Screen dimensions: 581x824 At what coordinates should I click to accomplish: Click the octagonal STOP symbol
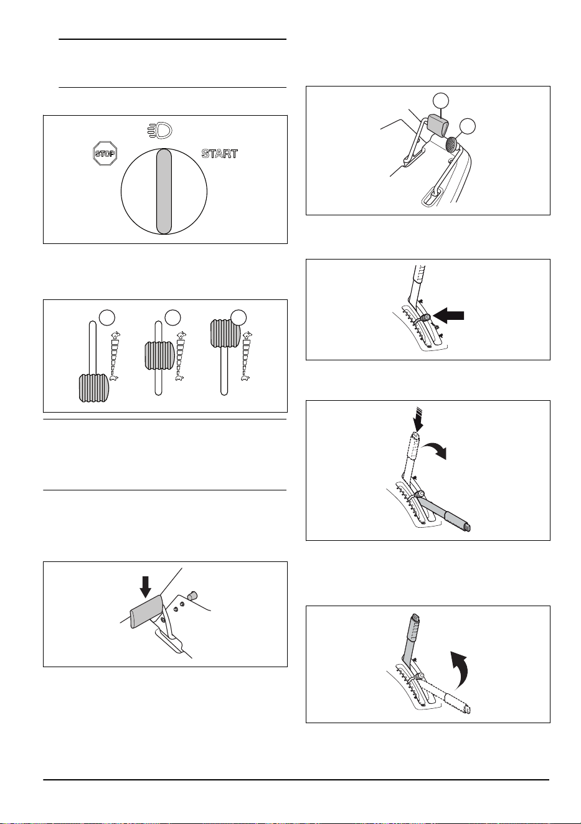(105, 153)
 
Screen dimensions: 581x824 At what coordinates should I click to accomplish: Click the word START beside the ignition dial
(220, 153)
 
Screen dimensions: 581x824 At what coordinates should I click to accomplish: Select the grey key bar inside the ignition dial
(164, 191)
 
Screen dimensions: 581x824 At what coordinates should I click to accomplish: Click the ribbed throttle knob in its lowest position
(94, 388)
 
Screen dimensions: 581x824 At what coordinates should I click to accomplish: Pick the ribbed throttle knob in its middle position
(159, 355)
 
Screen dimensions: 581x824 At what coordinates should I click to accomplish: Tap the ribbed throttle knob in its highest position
(225, 334)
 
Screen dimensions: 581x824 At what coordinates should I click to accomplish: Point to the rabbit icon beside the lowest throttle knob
(115, 335)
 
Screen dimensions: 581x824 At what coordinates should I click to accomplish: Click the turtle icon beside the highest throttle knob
(245, 377)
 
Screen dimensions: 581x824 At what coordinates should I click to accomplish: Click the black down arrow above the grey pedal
(146, 586)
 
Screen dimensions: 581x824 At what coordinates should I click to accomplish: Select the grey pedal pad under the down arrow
(146, 611)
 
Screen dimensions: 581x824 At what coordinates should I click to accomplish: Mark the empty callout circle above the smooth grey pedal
(440, 100)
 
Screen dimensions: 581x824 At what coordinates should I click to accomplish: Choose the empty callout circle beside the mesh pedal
(467, 126)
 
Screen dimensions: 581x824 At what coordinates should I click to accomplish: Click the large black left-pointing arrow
(448, 316)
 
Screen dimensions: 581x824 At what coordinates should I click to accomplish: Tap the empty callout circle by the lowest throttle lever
(106, 317)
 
